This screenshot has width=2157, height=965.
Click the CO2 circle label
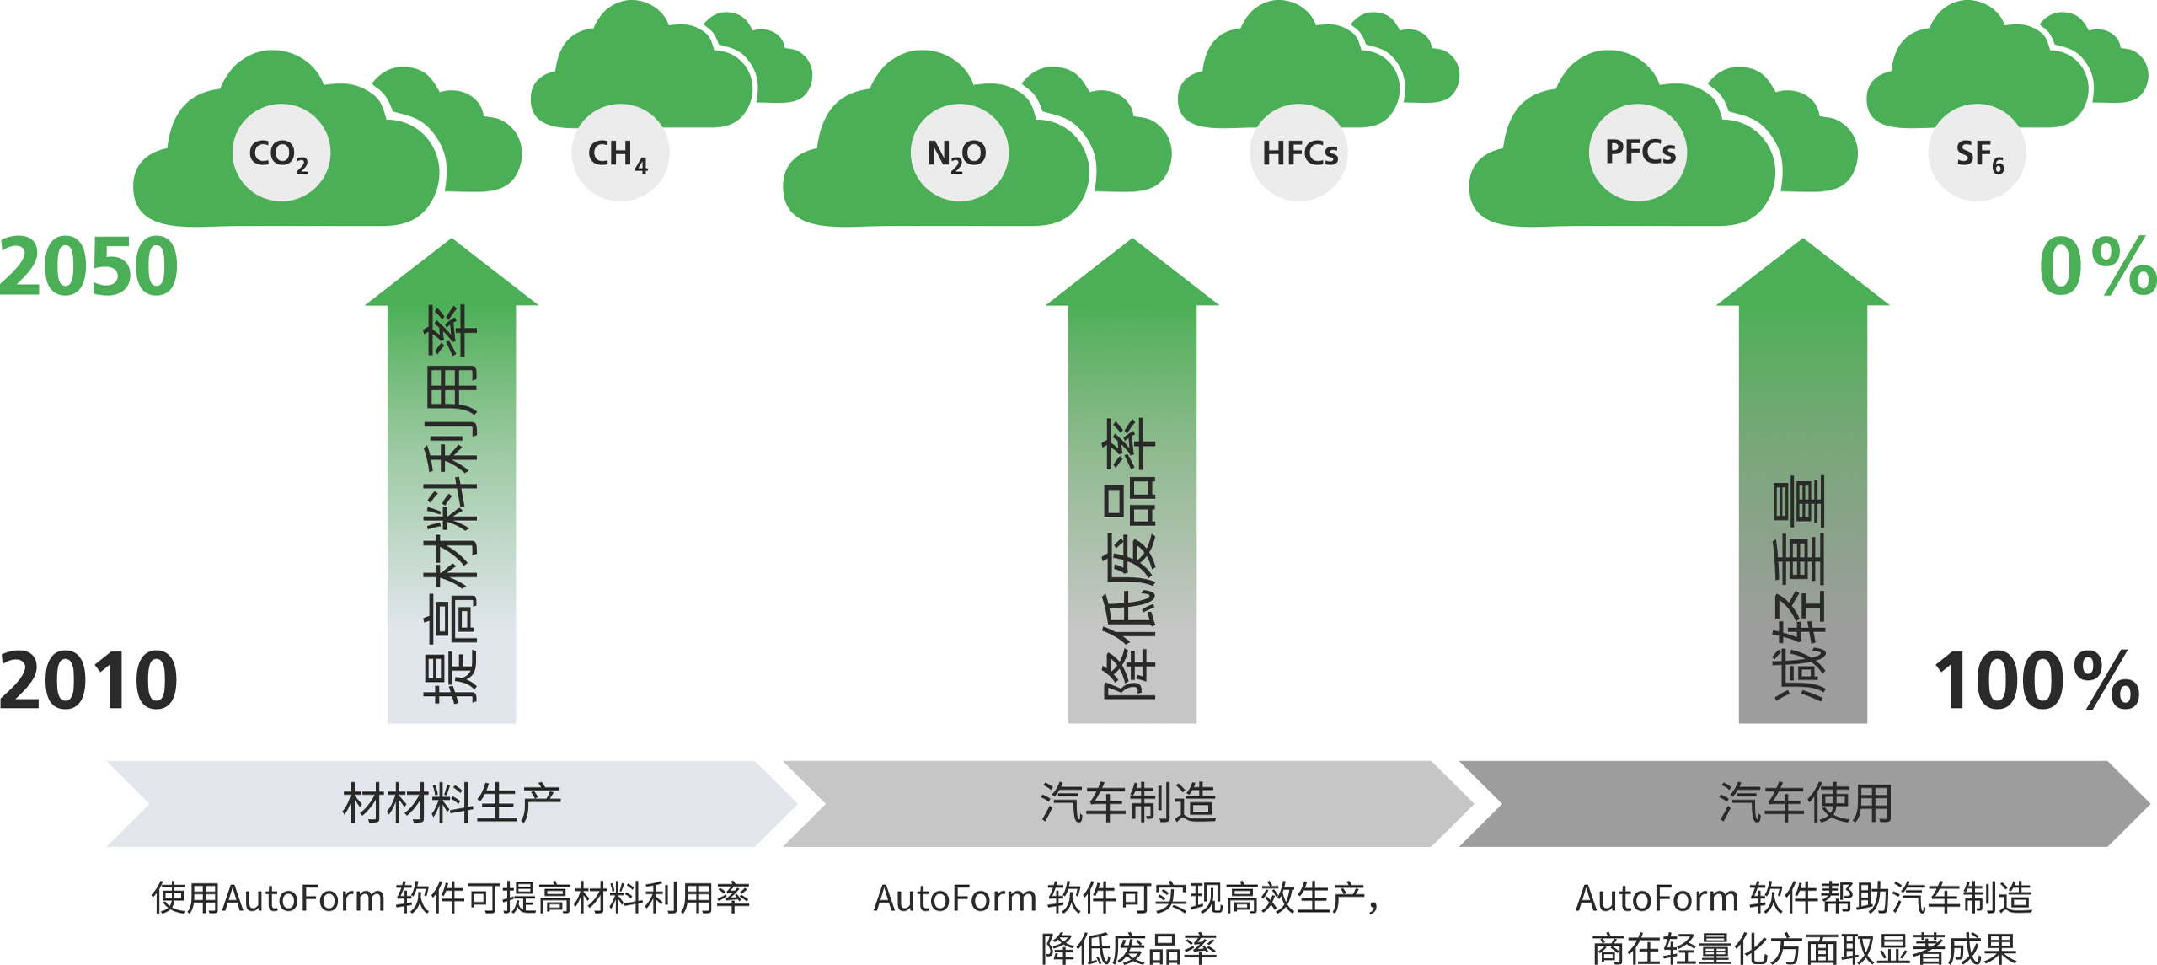[x=281, y=153]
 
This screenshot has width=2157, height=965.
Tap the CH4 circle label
[x=620, y=153]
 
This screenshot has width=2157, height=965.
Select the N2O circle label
[x=959, y=153]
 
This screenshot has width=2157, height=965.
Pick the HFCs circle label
[x=1298, y=153]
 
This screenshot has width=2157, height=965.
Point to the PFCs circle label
[x=1639, y=153]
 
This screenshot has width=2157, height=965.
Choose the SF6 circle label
[x=1977, y=153]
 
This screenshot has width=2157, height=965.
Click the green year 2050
[x=89, y=266]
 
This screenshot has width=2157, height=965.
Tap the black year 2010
[x=89, y=679]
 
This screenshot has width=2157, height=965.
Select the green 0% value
[x=2096, y=266]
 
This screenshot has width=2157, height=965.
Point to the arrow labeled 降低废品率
[x=1132, y=506]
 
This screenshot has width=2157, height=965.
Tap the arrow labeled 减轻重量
[x=1802, y=506]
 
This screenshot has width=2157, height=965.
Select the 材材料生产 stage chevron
[x=452, y=803]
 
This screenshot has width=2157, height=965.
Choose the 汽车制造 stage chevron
[x=1128, y=803]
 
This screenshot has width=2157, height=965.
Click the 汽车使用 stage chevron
[x=1805, y=803]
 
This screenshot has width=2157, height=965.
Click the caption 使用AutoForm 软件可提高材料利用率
[x=451, y=898]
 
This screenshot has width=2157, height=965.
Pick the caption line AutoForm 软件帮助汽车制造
[x=1804, y=898]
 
